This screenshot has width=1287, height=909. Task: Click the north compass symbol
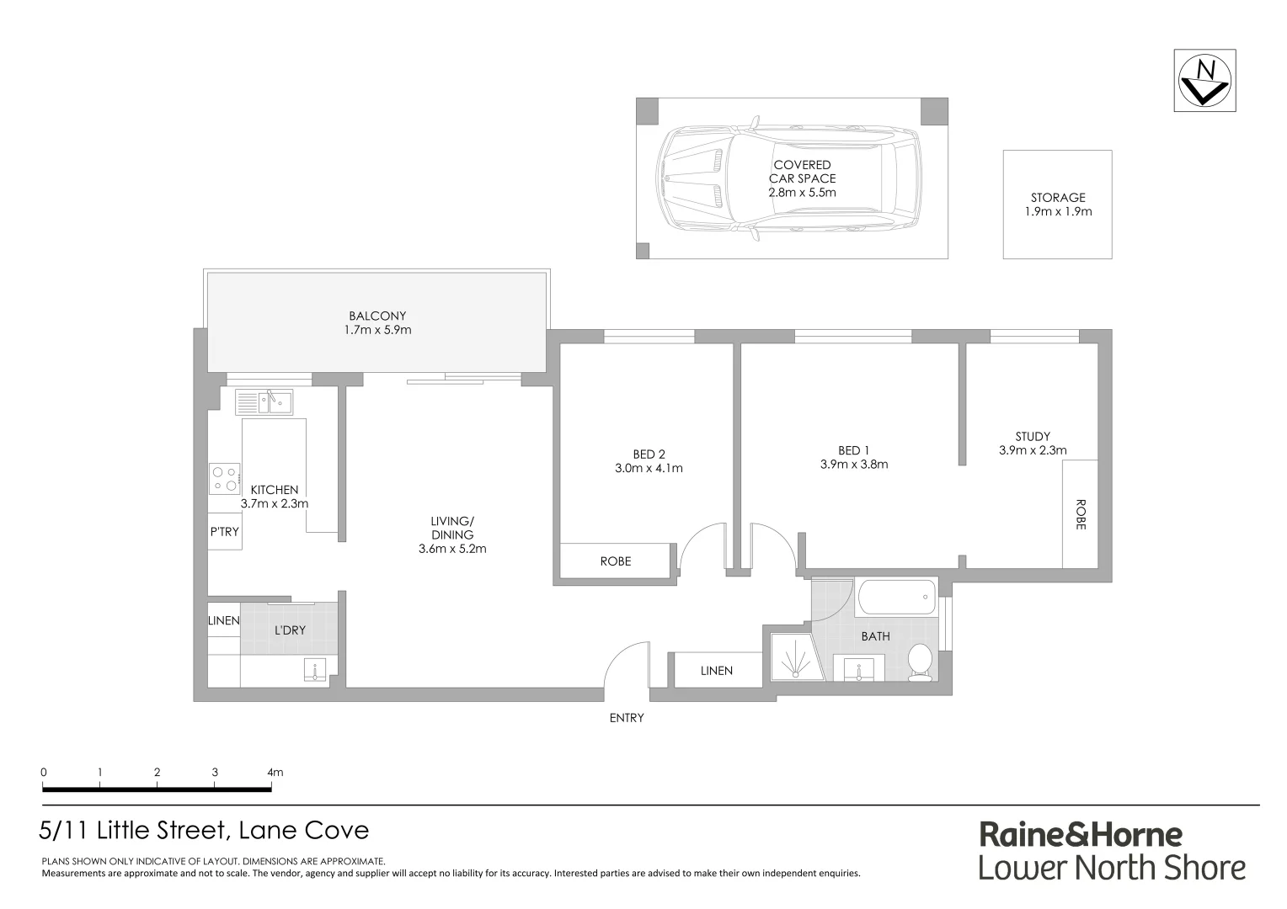(1204, 80)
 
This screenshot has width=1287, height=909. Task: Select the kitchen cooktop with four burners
(225, 479)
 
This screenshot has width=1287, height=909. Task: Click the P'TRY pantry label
(225, 532)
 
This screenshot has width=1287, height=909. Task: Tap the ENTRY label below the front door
(627, 718)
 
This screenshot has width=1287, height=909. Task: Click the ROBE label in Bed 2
(616, 561)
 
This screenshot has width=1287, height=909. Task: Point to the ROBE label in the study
(1081, 514)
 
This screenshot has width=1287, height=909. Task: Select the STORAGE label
(1058, 198)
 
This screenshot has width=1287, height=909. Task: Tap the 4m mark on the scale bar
(274, 772)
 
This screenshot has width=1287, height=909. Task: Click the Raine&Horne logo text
(1081, 834)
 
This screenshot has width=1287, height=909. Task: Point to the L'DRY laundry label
(290, 630)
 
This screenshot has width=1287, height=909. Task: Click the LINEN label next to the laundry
(224, 620)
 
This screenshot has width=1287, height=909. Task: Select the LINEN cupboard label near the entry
(717, 671)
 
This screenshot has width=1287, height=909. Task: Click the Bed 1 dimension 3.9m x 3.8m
(854, 464)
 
